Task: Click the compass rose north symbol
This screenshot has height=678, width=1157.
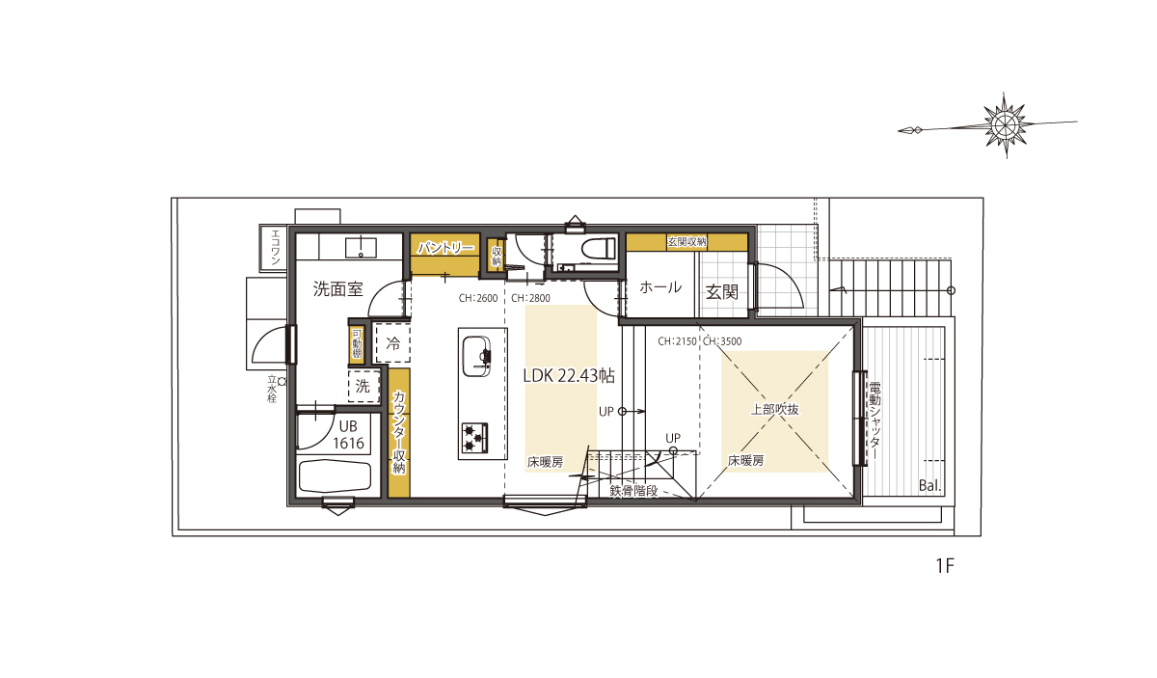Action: (1005, 124)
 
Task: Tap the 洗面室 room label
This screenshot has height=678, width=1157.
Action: (337, 289)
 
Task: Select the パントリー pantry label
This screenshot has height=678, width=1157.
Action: (445, 248)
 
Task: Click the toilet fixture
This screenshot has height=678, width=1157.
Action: (599, 249)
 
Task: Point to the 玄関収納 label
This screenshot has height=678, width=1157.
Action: (686, 241)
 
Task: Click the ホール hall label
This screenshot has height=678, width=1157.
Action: (660, 287)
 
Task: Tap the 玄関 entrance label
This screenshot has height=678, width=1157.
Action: (721, 292)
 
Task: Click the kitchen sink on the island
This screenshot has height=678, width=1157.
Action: (476, 357)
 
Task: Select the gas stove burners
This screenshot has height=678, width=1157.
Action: (474, 438)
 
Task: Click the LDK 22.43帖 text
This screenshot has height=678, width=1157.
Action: (569, 376)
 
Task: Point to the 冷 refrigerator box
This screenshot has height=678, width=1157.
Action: (393, 343)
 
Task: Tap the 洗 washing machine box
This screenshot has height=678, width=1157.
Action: (363, 386)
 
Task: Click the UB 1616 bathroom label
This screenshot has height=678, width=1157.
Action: (348, 435)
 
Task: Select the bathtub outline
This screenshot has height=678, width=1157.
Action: (336, 475)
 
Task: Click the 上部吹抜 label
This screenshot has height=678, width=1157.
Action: (774, 410)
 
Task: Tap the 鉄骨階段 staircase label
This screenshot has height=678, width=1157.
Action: (633, 490)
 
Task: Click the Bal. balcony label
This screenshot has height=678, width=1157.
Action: (929, 486)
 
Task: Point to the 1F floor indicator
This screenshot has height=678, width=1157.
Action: (945, 566)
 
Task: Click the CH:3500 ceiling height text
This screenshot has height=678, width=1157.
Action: (722, 341)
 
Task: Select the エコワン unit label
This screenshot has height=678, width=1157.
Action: (276, 247)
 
